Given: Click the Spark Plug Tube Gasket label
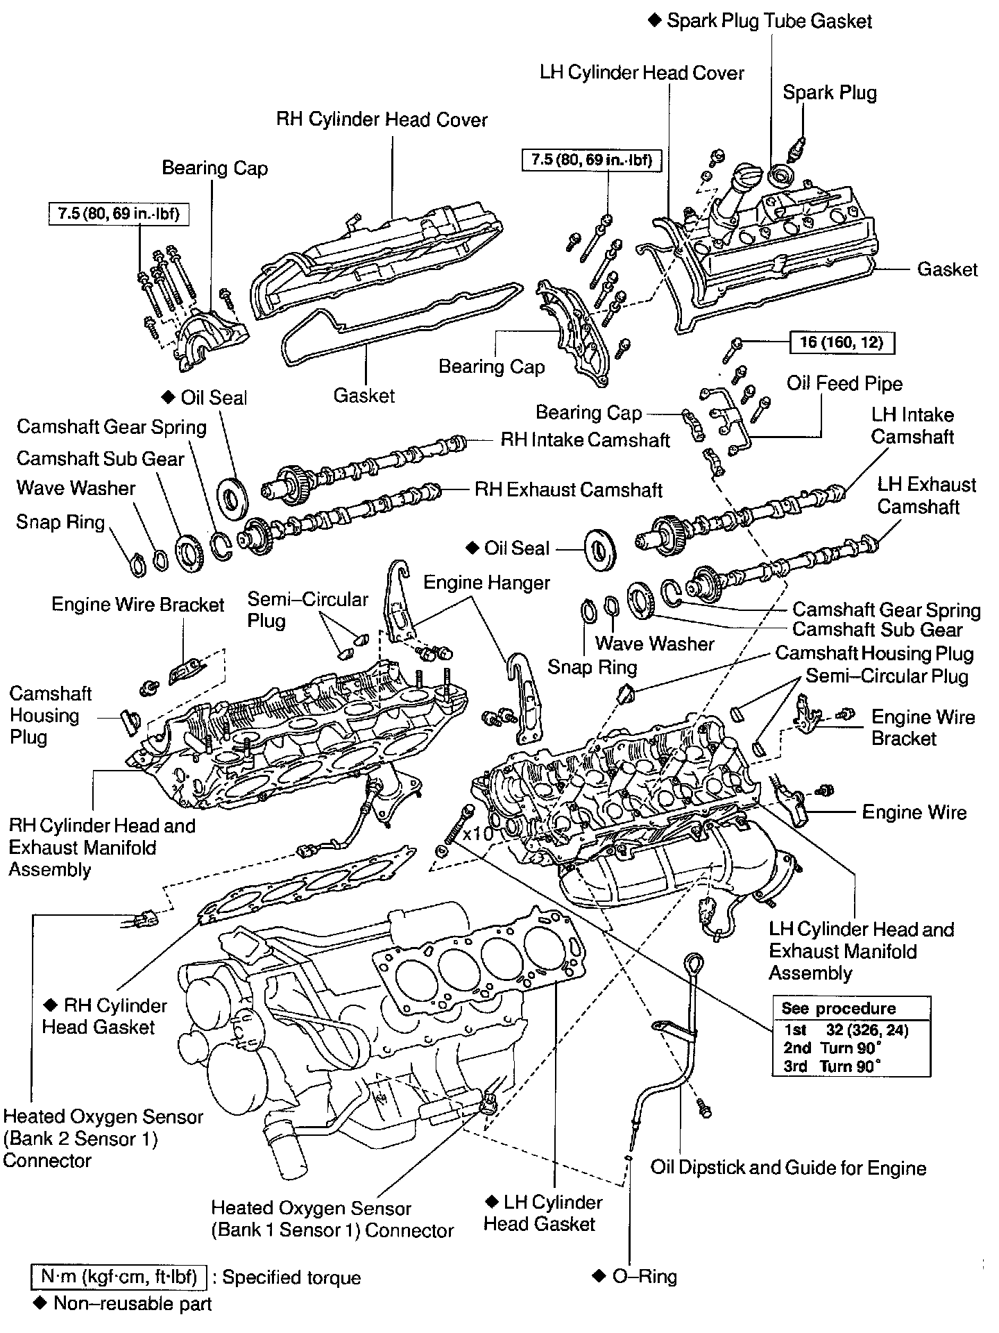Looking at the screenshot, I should pyautogui.click(x=769, y=21).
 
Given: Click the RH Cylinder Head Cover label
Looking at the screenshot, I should pyautogui.click(x=382, y=119).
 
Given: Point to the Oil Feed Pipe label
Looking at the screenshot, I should pyautogui.click(x=844, y=383).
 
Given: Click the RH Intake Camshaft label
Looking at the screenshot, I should pyautogui.click(x=585, y=439).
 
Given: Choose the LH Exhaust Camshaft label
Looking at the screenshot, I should pyautogui.click(x=925, y=495).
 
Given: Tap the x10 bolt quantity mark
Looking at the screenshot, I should pyautogui.click(x=478, y=833).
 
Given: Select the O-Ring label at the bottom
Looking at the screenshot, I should pyautogui.click(x=644, y=1276).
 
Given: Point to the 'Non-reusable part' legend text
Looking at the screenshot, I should pyautogui.click(x=132, y=1304).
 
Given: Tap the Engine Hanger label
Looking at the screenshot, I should pyautogui.click(x=486, y=582).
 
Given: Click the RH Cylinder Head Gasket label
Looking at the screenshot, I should pyautogui.click(x=104, y=1016).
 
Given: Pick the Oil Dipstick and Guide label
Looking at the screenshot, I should pyautogui.click(x=788, y=1168).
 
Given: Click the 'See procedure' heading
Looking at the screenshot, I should pyautogui.click(x=838, y=1008).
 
